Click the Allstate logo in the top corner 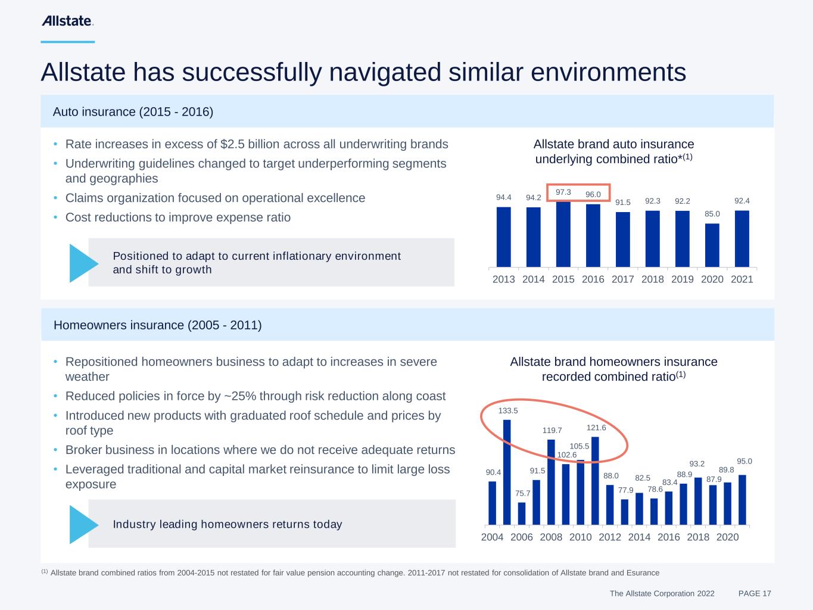coord(67,21)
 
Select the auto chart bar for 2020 coord(712,245)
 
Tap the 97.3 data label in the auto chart coord(563,192)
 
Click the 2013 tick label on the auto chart coord(503,279)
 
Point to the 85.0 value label coord(712,214)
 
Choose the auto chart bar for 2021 coord(742,238)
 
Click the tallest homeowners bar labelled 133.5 coord(507,472)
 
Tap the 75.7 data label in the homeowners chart coord(522,493)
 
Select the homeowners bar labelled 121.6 coord(595,480)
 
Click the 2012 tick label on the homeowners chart coord(609,537)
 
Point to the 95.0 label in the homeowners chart coord(744,461)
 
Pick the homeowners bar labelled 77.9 coord(624,512)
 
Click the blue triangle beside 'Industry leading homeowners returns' coord(82,524)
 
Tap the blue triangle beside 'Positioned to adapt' coord(82,263)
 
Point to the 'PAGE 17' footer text coord(754,593)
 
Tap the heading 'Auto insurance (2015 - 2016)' coord(133,111)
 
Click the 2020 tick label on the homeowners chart coord(727,537)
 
